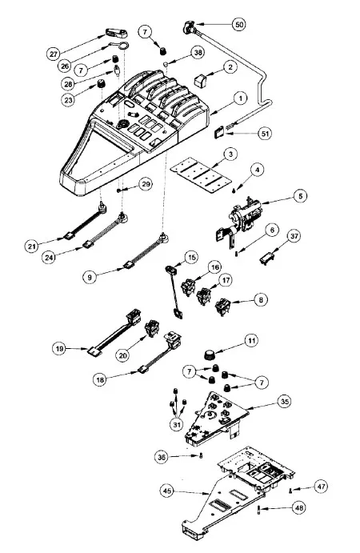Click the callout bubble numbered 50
coord(239,24)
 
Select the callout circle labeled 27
coord(54,54)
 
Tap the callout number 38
coord(198,53)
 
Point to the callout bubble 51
coord(265,134)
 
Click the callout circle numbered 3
coord(230,154)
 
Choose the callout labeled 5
coord(300,196)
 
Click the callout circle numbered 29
coord(146,184)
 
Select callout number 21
coord(32,246)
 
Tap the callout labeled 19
coord(59,349)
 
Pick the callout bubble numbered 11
coord(251,340)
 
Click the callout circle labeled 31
coord(177,424)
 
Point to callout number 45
coord(167,491)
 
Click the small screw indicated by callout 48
coord(259,510)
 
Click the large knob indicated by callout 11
coord(210,355)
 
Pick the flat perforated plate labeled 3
coord(201,175)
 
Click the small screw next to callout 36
coord(201,455)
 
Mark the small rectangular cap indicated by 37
coord(266,258)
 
